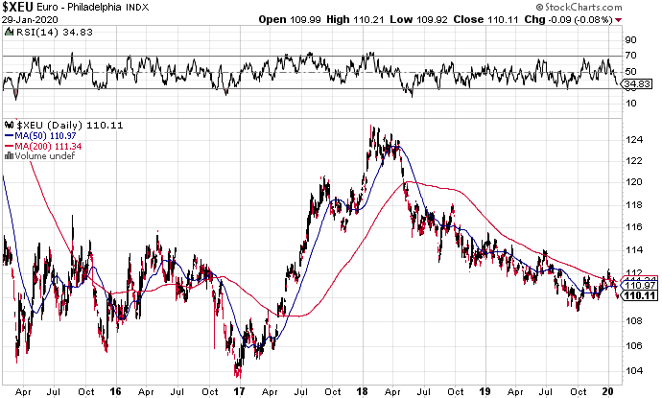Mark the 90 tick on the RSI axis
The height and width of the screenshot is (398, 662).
tap(629, 40)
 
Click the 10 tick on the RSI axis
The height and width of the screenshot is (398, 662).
tap(629, 103)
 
